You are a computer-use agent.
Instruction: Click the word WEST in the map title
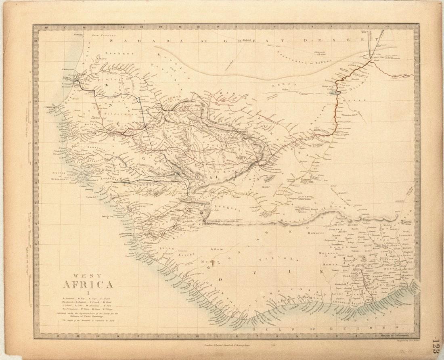(x=88, y=276)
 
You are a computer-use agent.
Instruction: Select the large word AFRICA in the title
(x=88, y=285)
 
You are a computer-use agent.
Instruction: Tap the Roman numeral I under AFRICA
(x=88, y=293)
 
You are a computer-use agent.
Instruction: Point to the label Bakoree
(x=316, y=232)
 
